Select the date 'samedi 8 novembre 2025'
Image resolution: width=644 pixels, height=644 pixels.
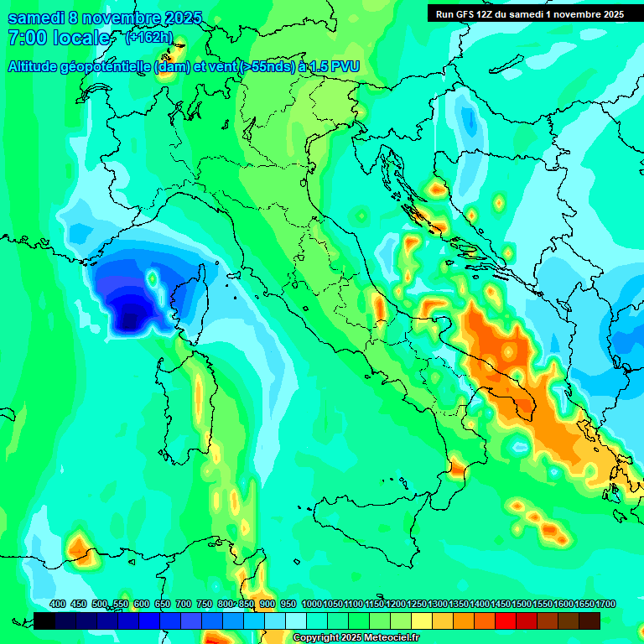105,18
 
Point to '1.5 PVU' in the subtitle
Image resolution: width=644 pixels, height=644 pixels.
332,67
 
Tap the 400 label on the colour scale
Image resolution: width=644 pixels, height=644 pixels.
58,605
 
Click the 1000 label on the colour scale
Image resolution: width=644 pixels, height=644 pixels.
311,605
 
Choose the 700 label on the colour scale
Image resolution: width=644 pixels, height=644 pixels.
184,605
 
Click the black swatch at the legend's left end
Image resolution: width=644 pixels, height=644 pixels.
44,621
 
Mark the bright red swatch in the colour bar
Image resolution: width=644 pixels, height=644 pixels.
506,621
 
